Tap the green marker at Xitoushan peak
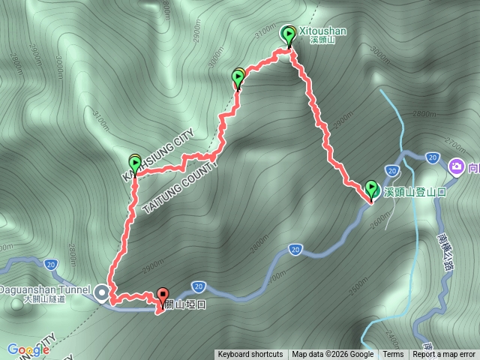point(289,34)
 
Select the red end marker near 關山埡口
point(163,296)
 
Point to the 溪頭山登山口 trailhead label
point(415,193)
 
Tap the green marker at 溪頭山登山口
point(371,188)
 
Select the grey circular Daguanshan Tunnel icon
point(101,289)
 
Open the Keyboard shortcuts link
point(250,355)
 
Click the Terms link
point(393,355)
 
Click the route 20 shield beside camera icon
point(431,157)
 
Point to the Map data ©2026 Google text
point(333,355)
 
